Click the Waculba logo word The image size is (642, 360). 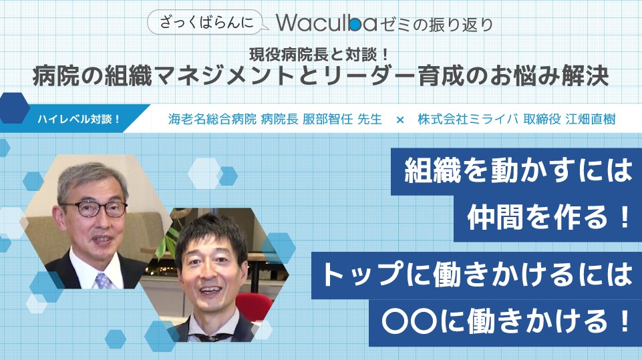point(326,23)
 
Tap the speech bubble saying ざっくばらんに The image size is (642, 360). point(208,22)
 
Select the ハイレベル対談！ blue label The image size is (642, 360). point(77,119)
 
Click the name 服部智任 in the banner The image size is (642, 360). point(327,119)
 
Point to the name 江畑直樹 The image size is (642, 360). point(591,119)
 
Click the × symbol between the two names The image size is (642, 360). point(400,120)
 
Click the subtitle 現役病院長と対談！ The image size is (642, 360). point(319,55)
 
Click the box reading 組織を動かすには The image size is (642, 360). point(516,171)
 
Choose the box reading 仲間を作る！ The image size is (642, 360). point(548,218)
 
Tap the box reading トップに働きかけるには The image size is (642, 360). point(476,275)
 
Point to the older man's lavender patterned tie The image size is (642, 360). point(103,281)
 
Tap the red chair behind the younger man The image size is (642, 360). point(255,307)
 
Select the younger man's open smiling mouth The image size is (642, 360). point(210,291)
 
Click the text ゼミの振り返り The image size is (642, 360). point(436,25)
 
